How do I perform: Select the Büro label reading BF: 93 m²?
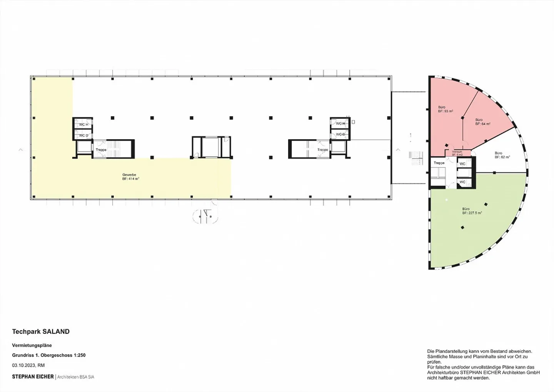pos(445,109)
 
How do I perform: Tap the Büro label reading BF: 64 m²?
pos(482,122)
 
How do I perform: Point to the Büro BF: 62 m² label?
pos(502,155)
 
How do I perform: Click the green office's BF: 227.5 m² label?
pos(472,211)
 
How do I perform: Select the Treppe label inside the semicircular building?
pos(439,163)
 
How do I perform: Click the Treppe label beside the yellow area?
pos(101,150)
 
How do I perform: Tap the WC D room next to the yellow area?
pos(83,135)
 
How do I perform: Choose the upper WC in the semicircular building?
pos(462,164)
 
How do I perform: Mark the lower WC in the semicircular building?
pos(462,182)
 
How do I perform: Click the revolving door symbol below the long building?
pos(205,216)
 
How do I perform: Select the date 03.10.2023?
pos(23,365)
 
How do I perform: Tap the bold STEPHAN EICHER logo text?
pos(33,377)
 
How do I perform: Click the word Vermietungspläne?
pos(32,345)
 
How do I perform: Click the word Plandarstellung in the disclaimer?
pos(453,351)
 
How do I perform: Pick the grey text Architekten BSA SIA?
pos(76,377)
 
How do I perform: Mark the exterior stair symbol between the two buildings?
pos(416,158)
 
